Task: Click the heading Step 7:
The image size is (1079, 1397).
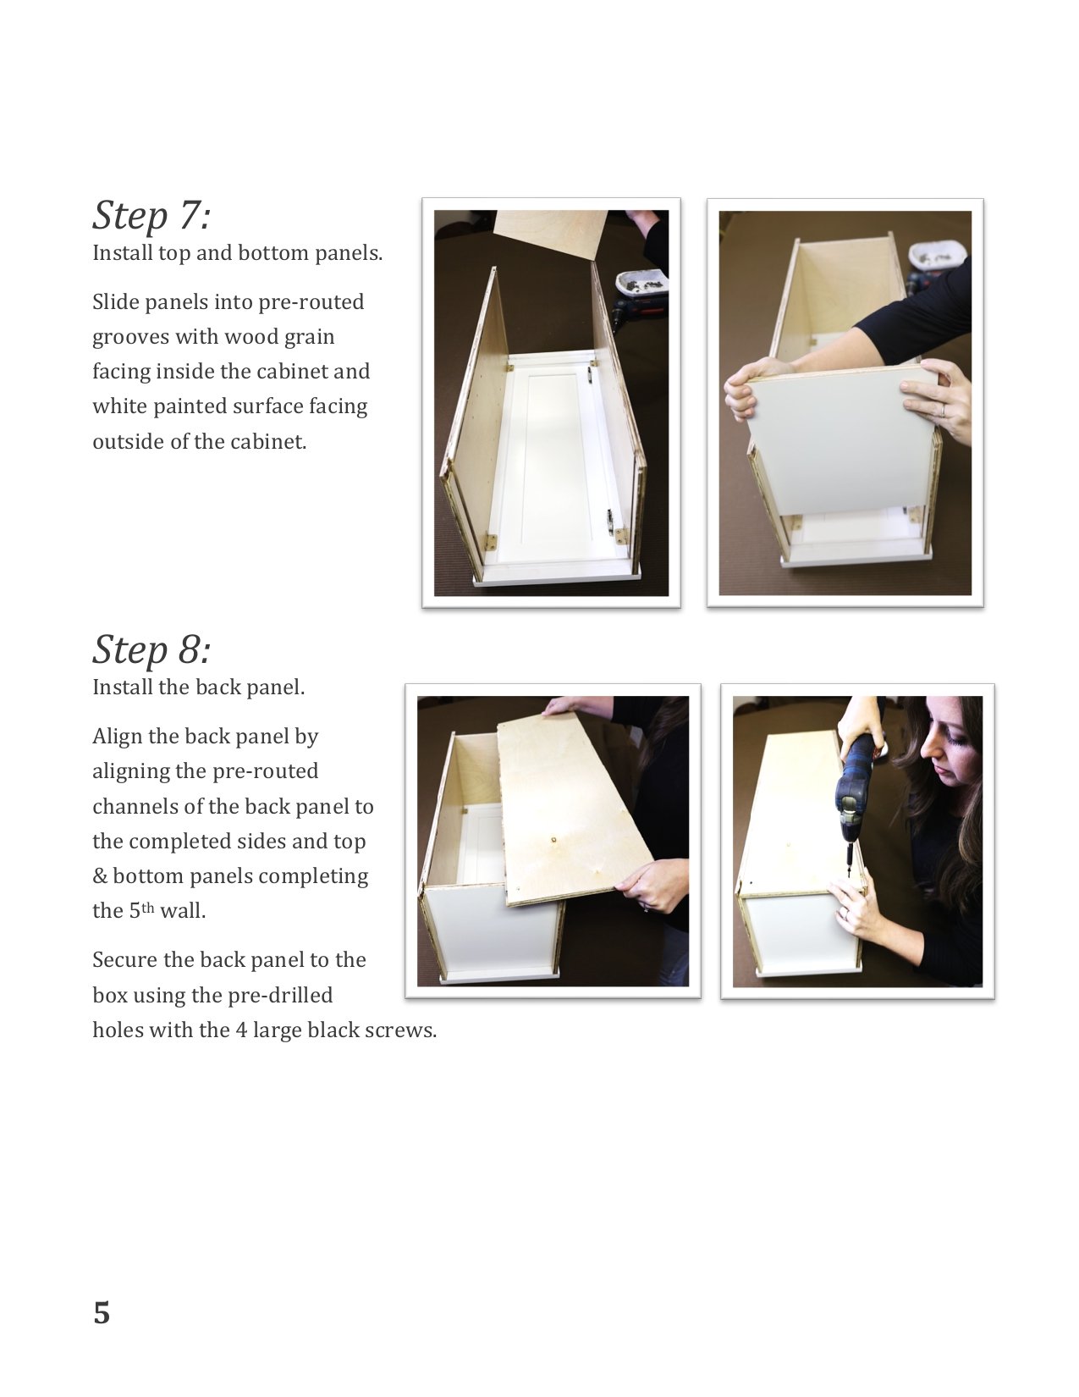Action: click(x=151, y=216)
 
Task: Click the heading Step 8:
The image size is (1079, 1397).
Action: click(x=151, y=650)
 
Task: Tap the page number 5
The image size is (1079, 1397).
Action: click(x=102, y=1313)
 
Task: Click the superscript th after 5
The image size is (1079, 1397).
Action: click(x=148, y=907)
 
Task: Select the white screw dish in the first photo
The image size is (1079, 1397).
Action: click(x=641, y=282)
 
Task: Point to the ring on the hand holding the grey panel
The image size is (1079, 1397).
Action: click(x=943, y=410)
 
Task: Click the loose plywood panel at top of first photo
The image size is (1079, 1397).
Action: click(x=552, y=235)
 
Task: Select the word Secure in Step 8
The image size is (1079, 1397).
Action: click(x=124, y=960)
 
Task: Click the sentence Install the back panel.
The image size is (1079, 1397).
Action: click(x=199, y=687)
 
